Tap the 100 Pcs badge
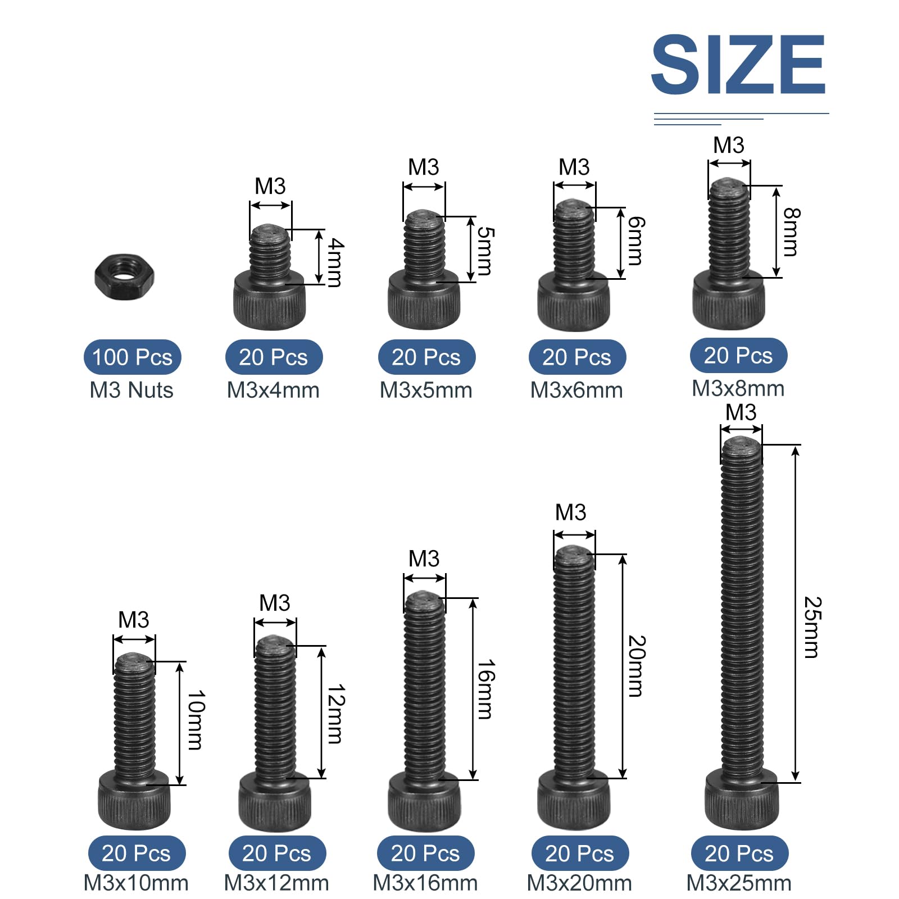[133, 357]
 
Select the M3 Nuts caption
[131, 390]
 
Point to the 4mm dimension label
[335, 262]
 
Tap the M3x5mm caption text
[426, 390]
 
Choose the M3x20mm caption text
[579, 883]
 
